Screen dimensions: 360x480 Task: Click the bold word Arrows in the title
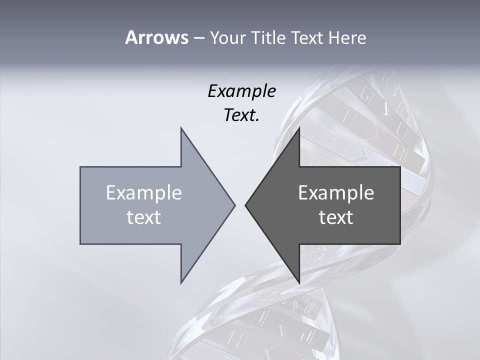point(156,37)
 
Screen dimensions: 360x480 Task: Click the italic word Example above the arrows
point(242,91)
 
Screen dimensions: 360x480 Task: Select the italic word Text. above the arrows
point(241,115)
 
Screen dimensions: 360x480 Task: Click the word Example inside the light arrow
point(144,192)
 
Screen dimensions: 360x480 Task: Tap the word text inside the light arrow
point(144,217)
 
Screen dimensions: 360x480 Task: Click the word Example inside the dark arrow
point(336,192)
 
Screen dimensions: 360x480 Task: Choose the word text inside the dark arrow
point(336,217)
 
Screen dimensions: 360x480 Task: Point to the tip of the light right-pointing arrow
point(235,205)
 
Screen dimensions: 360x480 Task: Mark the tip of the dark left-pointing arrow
point(245,205)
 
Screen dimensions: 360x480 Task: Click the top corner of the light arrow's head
point(181,127)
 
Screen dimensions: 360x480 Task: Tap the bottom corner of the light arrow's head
point(181,283)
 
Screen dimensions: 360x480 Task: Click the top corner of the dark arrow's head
point(299,127)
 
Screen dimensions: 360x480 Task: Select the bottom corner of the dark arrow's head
point(299,283)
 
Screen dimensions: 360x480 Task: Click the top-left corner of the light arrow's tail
point(80,167)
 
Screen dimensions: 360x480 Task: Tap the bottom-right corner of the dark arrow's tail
point(400,243)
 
